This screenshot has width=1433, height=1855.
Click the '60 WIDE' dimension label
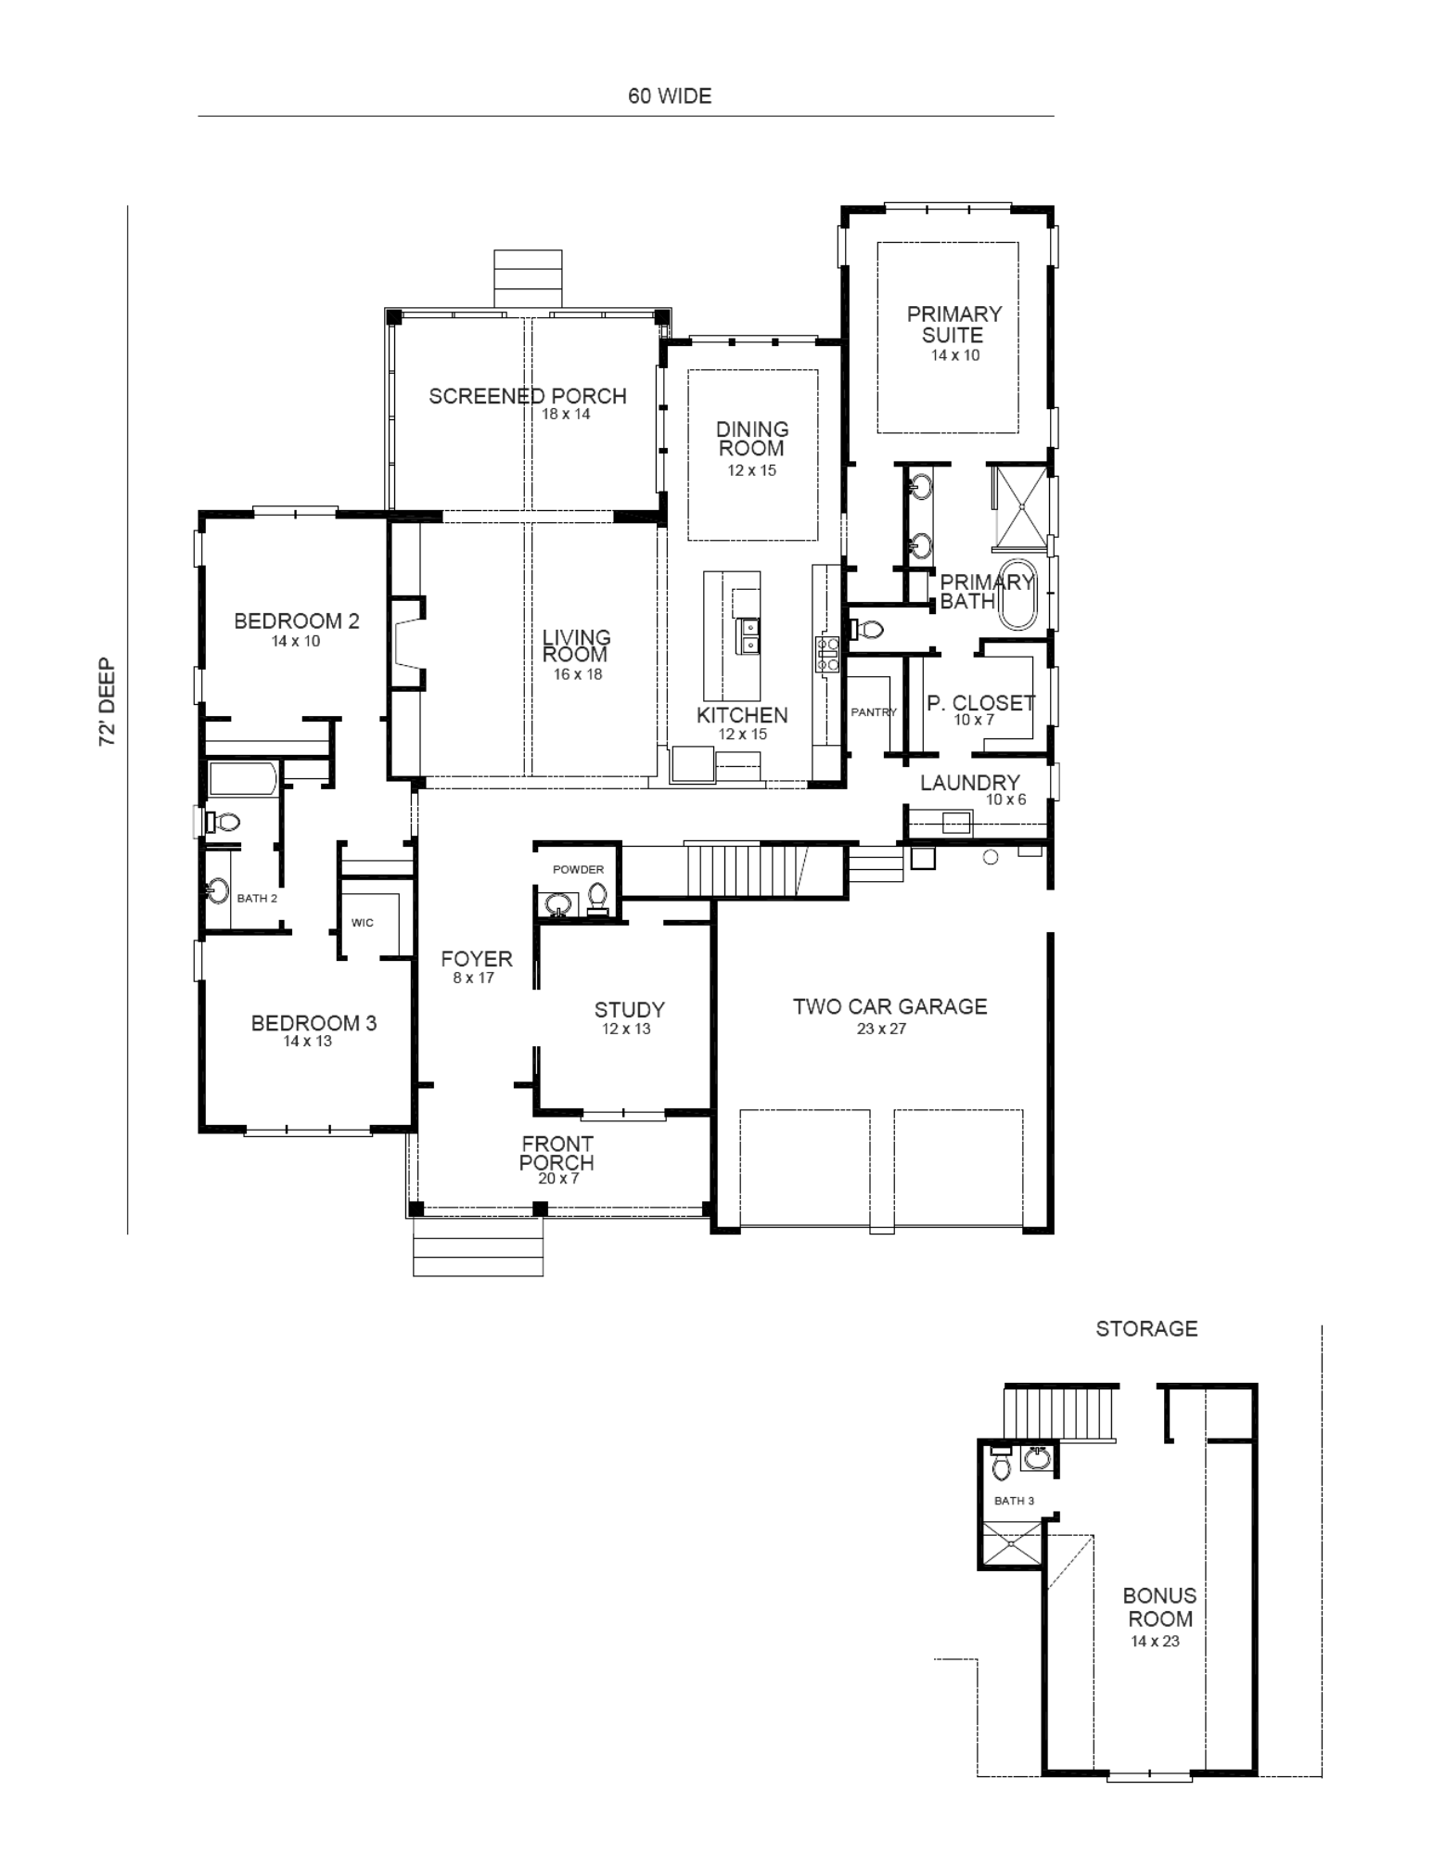(x=670, y=96)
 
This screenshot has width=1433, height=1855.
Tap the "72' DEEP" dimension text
(x=108, y=701)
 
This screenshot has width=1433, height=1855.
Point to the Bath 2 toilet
(x=224, y=821)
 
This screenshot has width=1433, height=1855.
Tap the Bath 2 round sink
(x=217, y=891)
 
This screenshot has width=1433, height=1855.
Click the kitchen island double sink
(x=747, y=635)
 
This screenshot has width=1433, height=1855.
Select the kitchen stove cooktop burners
(x=827, y=653)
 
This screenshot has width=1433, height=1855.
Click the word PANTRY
(x=874, y=712)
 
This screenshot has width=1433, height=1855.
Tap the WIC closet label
(x=363, y=923)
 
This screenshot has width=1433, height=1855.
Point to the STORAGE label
(x=1146, y=1328)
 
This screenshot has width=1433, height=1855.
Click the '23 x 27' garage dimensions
(x=881, y=1029)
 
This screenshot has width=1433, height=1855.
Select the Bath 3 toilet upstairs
(x=1001, y=1463)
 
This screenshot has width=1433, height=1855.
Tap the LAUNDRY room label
(x=969, y=783)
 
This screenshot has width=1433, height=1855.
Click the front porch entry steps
(x=478, y=1247)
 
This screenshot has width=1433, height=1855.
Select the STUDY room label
(x=629, y=1010)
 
